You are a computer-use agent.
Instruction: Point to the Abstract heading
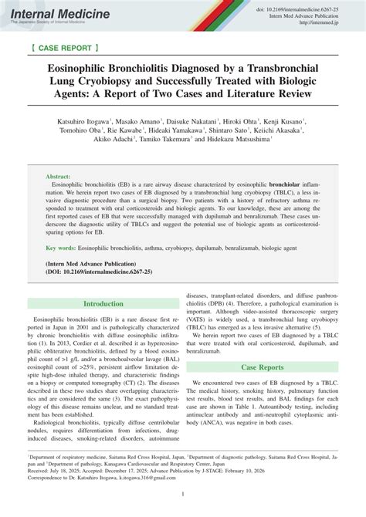[59, 177]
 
